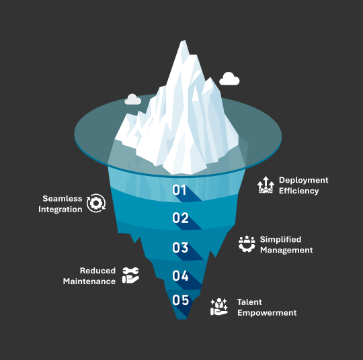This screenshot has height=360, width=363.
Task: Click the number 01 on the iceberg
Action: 179,190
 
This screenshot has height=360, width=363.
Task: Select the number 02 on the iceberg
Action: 180,218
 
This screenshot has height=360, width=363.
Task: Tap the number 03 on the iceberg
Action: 180,248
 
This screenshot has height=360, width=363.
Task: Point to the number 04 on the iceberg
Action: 180,275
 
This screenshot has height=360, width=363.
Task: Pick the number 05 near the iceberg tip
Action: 181,300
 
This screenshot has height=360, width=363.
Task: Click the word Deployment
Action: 303,180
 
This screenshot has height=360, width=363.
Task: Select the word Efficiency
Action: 298,191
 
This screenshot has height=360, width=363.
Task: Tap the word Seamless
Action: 63,199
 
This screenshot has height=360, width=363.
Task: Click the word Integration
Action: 61,210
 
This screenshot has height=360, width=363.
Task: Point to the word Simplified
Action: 280,240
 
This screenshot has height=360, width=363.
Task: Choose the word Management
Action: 286,250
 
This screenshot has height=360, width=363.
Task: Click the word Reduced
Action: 97,271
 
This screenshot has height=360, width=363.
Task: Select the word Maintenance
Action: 89,281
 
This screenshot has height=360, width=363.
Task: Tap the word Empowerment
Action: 267,313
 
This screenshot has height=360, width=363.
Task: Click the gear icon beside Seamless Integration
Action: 96,203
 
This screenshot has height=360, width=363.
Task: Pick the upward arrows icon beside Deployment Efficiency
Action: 266,185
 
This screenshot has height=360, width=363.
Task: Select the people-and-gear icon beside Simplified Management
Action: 247,244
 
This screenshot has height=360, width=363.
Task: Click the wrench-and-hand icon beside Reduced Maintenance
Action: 130,275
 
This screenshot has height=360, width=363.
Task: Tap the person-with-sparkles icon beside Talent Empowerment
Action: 219,307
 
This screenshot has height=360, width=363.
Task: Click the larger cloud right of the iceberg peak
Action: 229,79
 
